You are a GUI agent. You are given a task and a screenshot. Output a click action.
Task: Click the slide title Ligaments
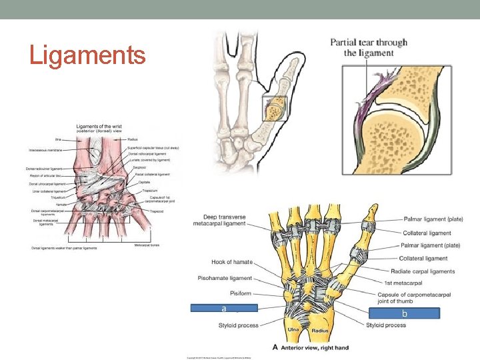[x=87, y=55]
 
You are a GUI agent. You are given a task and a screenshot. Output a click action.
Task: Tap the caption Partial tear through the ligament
[x=369, y=47]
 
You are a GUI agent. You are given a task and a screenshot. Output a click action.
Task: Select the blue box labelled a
[x=224, y=308]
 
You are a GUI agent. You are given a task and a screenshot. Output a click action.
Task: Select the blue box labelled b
[x=405, y=313]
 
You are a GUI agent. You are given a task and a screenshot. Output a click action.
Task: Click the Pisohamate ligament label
[x=225, y=277]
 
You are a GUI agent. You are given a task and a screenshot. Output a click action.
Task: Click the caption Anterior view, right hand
[x=317, y=347]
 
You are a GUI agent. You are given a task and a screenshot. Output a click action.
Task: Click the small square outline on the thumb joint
[x=275, y=108]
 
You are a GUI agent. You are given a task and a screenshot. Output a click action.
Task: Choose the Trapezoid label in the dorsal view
[x=156, y=211]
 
